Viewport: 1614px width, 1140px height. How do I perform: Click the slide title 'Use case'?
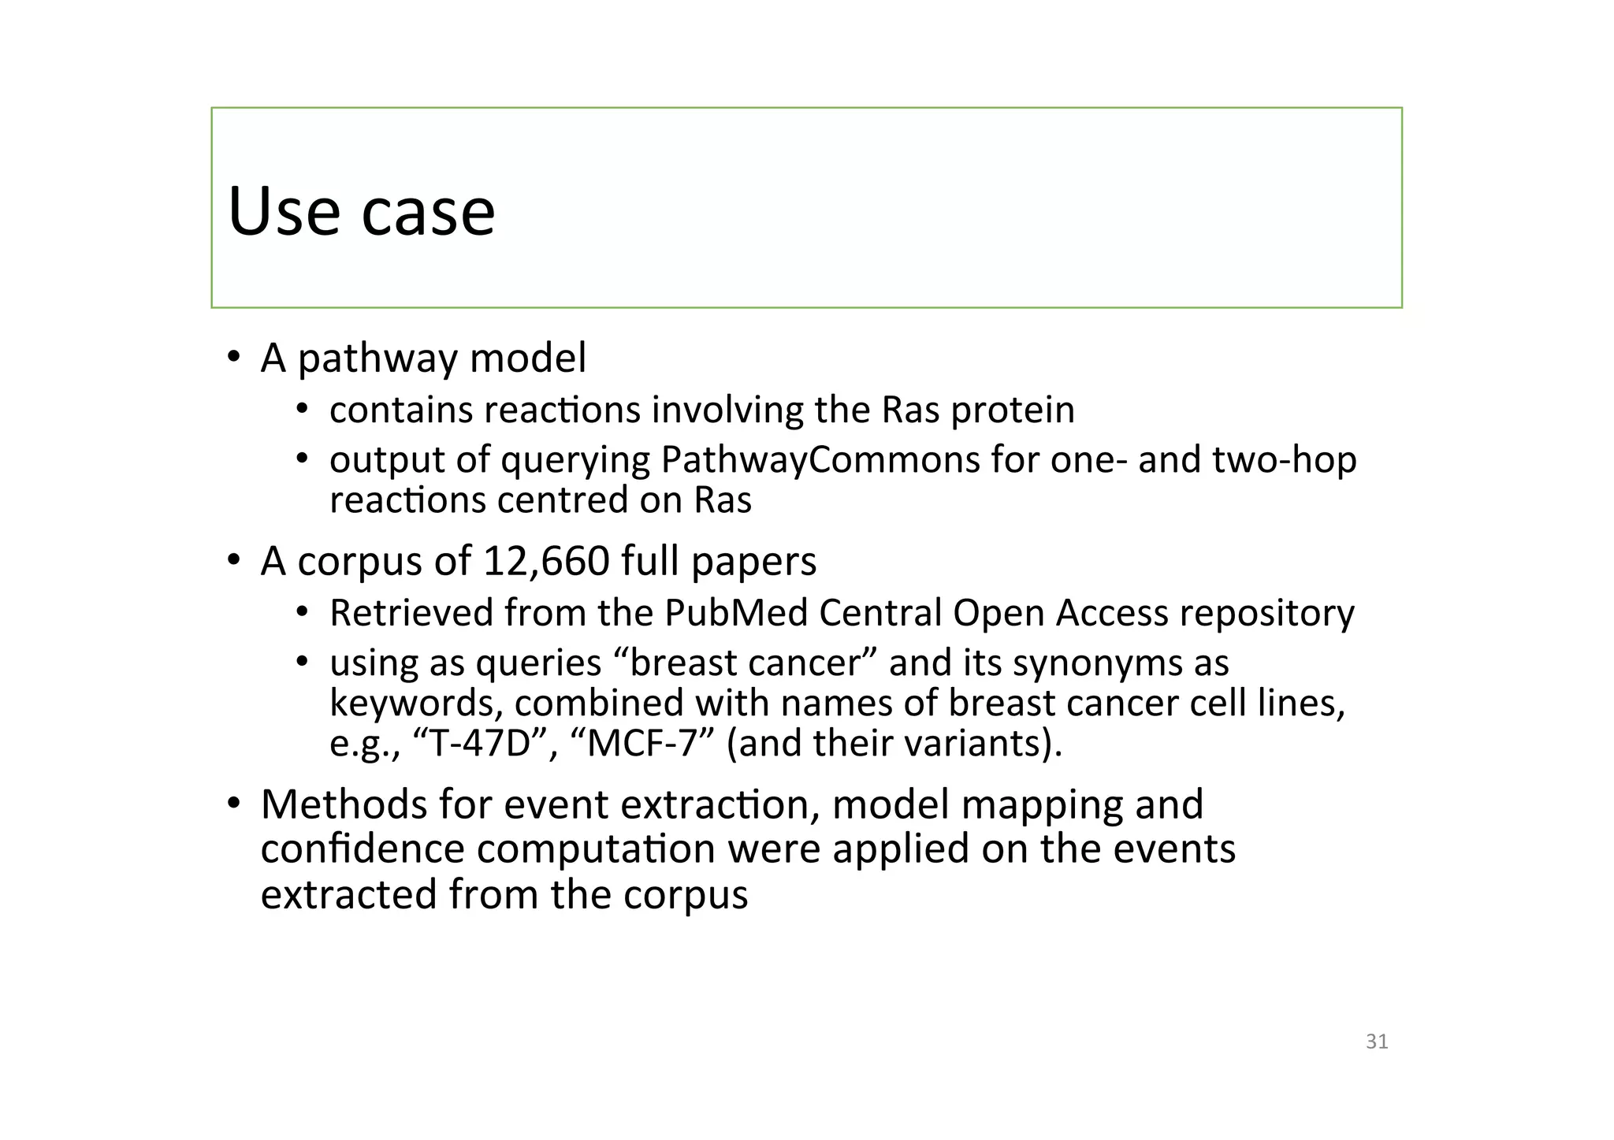361,211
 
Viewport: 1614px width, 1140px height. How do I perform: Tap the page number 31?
1376,1042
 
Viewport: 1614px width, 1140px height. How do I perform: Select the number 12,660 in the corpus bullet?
545,561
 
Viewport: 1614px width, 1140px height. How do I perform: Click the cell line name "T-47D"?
480,743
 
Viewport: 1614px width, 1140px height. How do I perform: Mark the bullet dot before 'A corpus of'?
233,560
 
